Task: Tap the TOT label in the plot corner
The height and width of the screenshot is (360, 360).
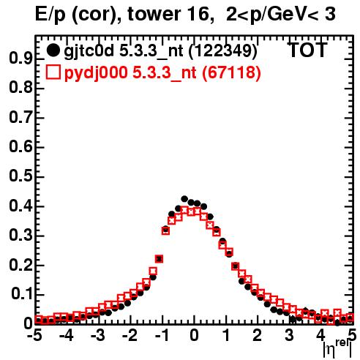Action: (308, 50)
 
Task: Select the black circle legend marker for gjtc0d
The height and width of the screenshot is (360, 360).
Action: (53, 50)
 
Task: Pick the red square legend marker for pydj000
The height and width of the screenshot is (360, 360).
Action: (53, 72)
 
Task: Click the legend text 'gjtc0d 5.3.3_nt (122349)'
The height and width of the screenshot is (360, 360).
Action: (161, 51)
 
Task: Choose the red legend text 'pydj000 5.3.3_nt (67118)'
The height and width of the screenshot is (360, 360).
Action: (162, 73)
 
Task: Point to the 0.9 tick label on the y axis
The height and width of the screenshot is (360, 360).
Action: (20, 59)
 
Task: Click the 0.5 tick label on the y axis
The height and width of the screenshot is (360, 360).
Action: (20, 176)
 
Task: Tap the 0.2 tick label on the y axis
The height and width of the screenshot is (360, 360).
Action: (20, 265)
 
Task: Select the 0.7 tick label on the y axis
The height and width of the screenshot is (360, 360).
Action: (20, 118)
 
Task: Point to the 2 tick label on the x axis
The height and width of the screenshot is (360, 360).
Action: (258, 336)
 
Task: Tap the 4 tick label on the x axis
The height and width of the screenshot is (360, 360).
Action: (320, 336)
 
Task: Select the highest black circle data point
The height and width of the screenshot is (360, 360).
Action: (184, 199)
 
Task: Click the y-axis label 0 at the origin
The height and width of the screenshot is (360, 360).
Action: (28, 323)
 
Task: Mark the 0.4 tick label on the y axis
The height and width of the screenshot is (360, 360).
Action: (20, 206)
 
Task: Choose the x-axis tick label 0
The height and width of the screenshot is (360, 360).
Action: (194, 336)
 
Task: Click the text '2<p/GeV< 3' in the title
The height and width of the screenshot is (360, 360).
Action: (281, 14)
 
